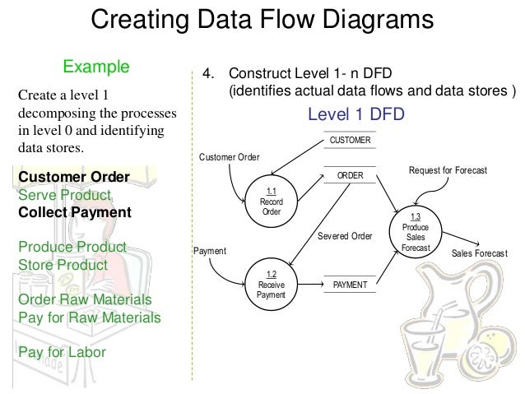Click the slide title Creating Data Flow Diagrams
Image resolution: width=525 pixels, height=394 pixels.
tap(262, 20)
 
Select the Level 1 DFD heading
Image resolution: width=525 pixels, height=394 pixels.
tap(355, 114)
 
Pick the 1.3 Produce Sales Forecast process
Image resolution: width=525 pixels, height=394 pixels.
tap(415, 231)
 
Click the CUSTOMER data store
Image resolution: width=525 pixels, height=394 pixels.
tap(350, 141)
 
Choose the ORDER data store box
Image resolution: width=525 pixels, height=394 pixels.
tap(350, 176)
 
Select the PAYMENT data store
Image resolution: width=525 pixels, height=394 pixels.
tap(350, 285)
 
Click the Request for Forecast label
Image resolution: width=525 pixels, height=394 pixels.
tap(448, 170)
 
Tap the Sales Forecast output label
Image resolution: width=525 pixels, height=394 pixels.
tap(480, 254)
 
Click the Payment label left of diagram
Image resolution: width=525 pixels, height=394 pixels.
tap(209, 250)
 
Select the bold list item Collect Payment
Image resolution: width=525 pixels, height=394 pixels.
tap(74, 212)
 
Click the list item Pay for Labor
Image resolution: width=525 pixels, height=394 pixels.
tap(61, 351)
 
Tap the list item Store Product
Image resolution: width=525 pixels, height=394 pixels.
tap(63, 265)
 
